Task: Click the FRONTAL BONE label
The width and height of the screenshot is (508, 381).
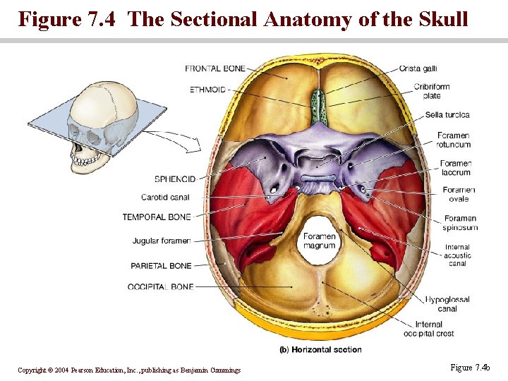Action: click(x=215, y=68)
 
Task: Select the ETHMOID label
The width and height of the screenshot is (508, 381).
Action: click(x=207, y=90)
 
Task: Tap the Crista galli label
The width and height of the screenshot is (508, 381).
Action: click(x=418, y=68)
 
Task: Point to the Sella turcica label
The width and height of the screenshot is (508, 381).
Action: click(x=447, y=115)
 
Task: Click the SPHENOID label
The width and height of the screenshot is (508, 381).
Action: click(x=175, y=179)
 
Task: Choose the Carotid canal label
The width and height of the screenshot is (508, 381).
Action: click(x=165, y=198)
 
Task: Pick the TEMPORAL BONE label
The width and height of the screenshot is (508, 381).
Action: click(x=157, y=217)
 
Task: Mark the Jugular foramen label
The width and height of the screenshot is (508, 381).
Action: click(x=162, y=241)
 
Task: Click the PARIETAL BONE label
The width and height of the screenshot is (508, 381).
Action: click(x=161, y=266)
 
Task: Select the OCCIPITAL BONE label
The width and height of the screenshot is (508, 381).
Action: click(x=161, y=287)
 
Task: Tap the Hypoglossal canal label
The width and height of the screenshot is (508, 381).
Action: click(x=447, y=304)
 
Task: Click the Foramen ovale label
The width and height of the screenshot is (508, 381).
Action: click(x=459, y=194)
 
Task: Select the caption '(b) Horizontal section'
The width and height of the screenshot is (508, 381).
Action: click(x=321, y=349)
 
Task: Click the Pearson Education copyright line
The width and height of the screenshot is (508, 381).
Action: click(x=129, y=370)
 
